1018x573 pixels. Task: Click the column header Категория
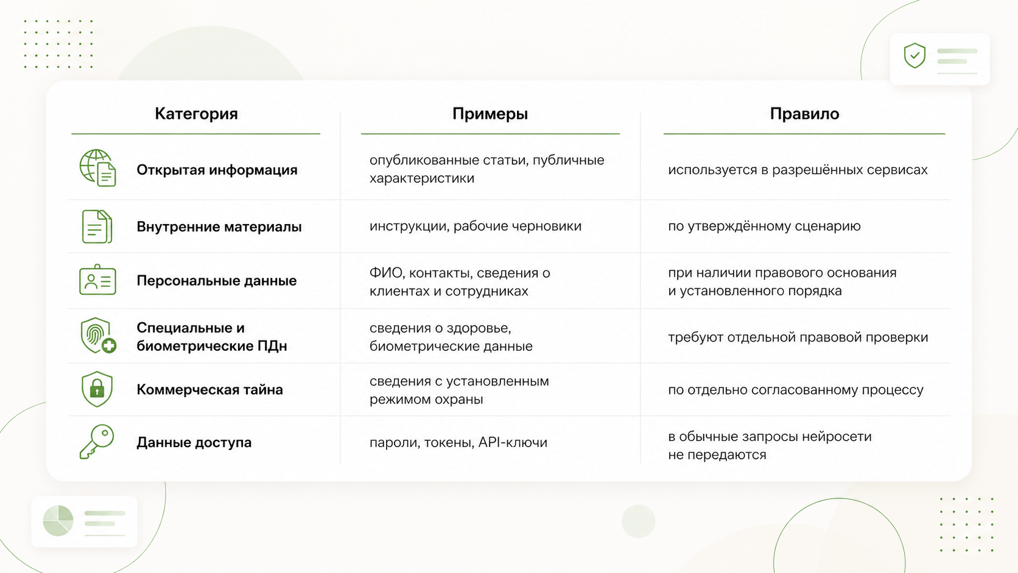196,114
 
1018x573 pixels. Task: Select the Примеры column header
490,114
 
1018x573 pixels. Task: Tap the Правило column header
804,114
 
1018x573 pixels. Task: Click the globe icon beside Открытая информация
97,167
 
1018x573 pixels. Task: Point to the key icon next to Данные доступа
97,441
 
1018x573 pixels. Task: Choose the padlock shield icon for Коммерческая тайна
97,389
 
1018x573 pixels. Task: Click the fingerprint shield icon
98,336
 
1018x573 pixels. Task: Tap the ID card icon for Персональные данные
97,280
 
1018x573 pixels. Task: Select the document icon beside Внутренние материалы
97,227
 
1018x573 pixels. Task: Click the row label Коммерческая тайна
209,390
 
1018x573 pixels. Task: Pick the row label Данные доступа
194,442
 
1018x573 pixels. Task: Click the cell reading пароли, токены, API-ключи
458,442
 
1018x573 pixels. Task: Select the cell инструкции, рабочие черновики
476,226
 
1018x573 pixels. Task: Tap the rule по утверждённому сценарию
764,226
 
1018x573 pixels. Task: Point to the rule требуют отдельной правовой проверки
798,337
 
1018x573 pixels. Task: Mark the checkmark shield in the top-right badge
914,55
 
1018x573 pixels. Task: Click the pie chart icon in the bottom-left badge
58,521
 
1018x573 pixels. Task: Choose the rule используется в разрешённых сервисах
798,169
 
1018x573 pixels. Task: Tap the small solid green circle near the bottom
639,521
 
